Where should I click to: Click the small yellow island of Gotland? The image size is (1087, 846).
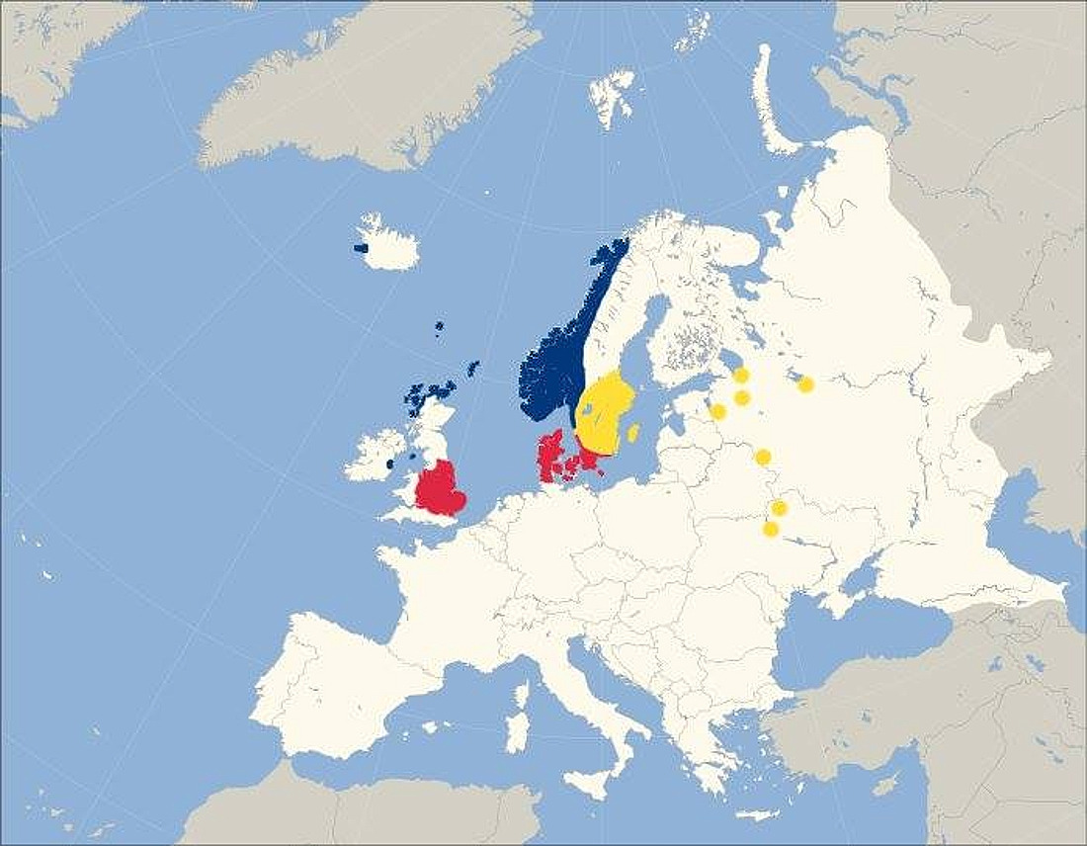633,433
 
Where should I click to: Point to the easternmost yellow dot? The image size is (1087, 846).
805,384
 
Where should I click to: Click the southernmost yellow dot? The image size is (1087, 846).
771,529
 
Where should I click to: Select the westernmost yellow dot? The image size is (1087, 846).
718,411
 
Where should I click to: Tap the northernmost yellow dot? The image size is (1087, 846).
740,375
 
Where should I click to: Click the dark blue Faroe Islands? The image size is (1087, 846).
439,326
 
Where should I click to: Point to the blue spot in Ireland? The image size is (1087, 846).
390,463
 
